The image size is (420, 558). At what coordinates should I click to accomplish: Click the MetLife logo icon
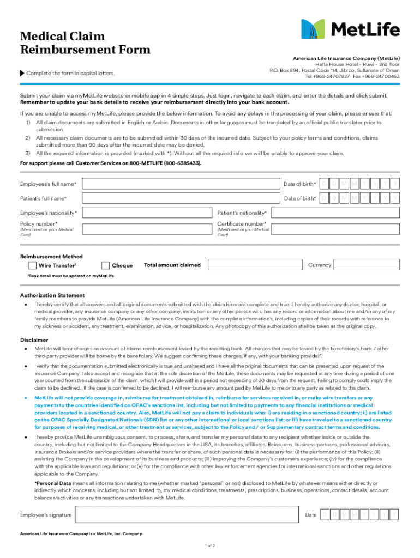313,29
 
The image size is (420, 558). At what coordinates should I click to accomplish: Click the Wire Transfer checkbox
32,265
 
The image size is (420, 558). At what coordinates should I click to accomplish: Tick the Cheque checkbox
106,265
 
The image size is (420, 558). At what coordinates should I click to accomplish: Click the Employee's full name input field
180,183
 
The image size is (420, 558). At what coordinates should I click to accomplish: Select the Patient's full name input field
180,198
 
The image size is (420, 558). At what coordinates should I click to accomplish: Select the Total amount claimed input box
255,265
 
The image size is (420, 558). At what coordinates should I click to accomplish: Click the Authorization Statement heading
52,295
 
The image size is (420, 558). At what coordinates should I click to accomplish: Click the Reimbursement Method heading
51,256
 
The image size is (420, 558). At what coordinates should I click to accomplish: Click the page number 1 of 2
209,545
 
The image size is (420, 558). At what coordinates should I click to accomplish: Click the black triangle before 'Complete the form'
22,73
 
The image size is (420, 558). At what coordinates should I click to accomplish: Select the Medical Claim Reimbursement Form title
85,44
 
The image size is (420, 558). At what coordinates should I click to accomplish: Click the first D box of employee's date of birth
324,183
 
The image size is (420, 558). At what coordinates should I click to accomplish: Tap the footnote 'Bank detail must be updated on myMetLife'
71,276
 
